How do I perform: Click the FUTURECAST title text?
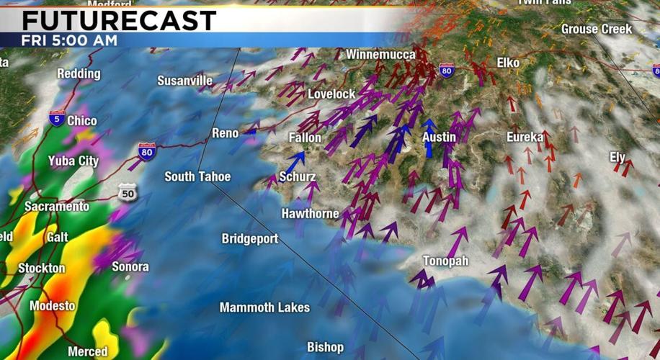(119, 20)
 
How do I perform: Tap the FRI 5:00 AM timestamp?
(69, 40)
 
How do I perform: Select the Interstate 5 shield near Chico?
(57, 119)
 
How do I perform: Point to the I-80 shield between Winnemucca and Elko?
(447, 70)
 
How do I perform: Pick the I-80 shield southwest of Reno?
(146, 151)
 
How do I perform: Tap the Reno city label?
(225, 133)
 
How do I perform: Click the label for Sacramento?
(57, 207)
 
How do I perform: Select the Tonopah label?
(445, 261)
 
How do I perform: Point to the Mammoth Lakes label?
(264, 307)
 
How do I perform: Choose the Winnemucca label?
(380, 55)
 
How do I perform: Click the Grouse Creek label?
(596, 30)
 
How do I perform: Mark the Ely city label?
(617, 157)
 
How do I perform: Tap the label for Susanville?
(185, 80)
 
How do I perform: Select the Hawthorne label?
(310, 214)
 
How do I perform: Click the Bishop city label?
(325, 347)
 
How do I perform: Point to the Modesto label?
(52, 306)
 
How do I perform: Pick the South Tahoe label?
(197, 176)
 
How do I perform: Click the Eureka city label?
(525, 137)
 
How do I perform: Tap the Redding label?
(79, 73)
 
